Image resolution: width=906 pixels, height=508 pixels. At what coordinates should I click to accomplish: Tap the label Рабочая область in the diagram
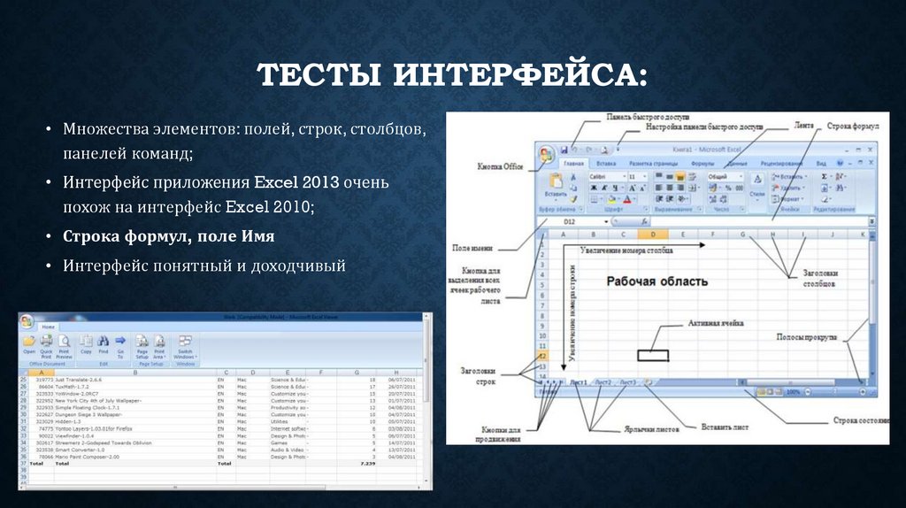[x=656, y=281]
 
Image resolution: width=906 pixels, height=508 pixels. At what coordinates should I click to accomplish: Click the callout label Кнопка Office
[x=501, y=166]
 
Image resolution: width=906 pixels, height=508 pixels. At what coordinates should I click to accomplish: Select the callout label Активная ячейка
[x=716, y=324]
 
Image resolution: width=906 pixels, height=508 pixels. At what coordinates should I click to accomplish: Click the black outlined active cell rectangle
[x=653, y=355]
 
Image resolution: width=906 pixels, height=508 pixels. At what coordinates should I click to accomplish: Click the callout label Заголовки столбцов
[x=818, y=279]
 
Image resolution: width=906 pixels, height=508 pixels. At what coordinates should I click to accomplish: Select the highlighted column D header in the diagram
[x=651, y=235]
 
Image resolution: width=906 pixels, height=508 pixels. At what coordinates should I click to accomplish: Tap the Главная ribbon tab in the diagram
[x=574, y=164]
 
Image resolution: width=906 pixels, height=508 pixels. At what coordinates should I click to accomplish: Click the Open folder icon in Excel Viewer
[x=29, y=343]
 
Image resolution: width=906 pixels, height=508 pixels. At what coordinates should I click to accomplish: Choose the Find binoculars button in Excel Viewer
[x=104, y=343]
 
